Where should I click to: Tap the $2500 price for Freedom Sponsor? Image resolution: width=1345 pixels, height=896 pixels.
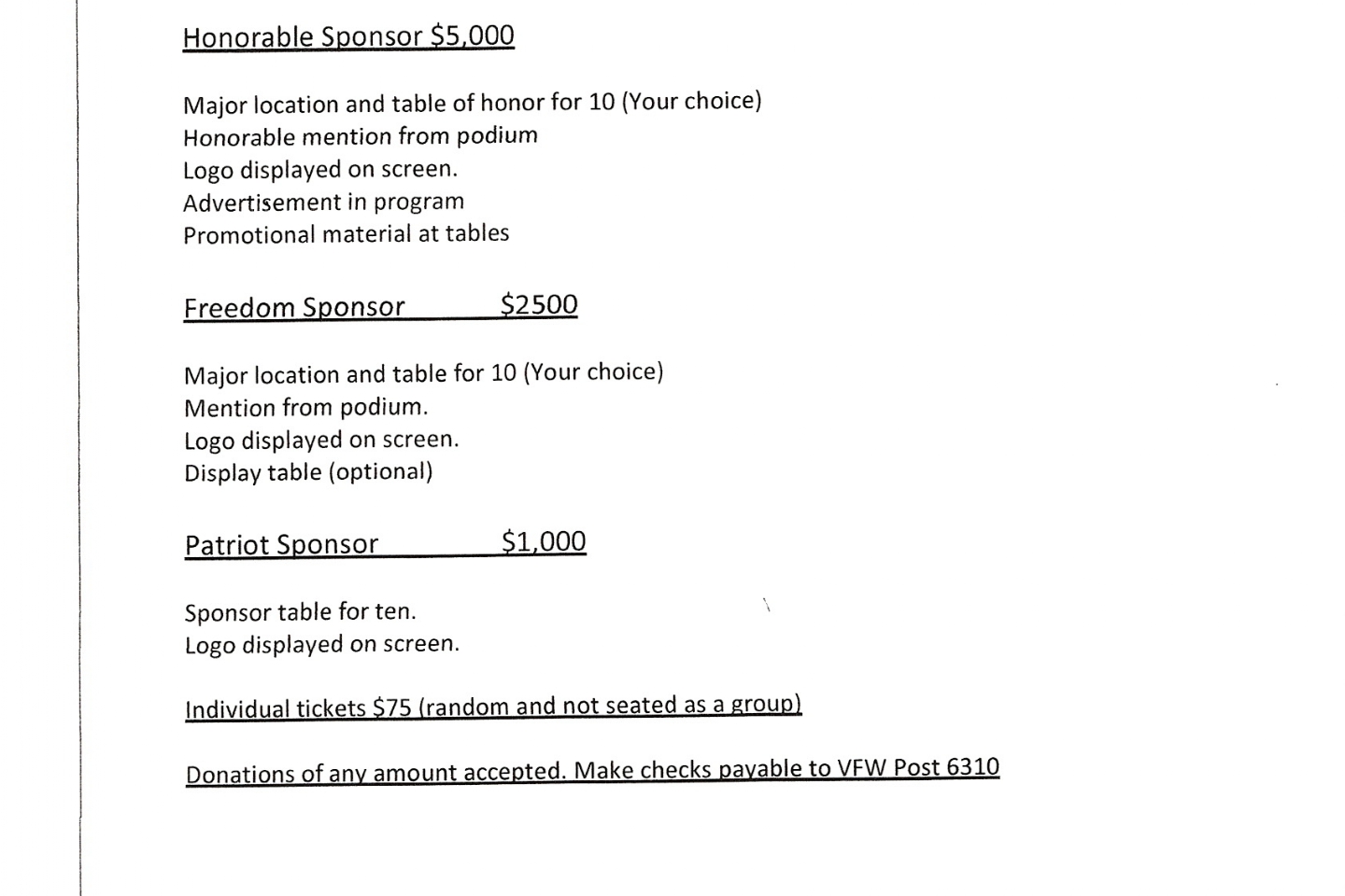[539, 304]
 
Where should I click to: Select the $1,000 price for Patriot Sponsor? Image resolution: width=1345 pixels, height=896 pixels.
[544, 541]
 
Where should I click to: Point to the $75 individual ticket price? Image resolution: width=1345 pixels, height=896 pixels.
[391, 707]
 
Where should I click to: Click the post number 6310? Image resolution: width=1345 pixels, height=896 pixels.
[972, 766]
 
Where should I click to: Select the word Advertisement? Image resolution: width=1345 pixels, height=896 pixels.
[248, 203]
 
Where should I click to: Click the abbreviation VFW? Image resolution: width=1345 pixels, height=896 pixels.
[861, 767]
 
